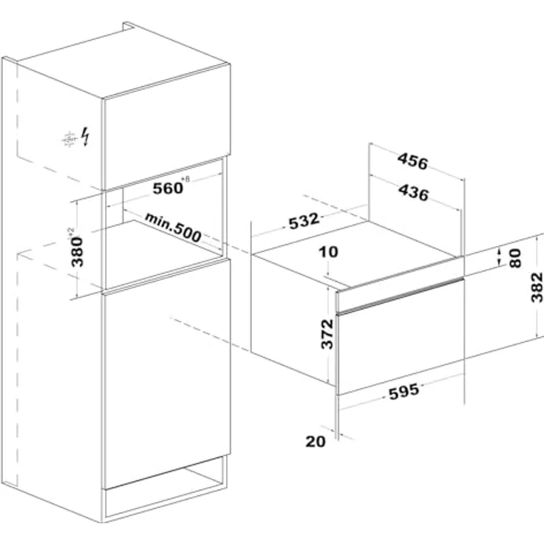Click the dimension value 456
(x=413, y=161)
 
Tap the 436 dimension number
(x=414, y=192)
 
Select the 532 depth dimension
(x=304, y=221)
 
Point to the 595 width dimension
(x=404, y=392)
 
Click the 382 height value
(x=537, y=288)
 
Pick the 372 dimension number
(x=327, y=334)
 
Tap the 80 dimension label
(x=516, y=258)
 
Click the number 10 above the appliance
(x=328, y=252)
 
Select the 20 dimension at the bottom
(x=316, y=442)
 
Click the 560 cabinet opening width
(x=168, y=188)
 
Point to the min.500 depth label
(x=173, y=228)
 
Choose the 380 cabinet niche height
(x=77, y=252)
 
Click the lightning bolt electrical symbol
(x=85, y=136)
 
